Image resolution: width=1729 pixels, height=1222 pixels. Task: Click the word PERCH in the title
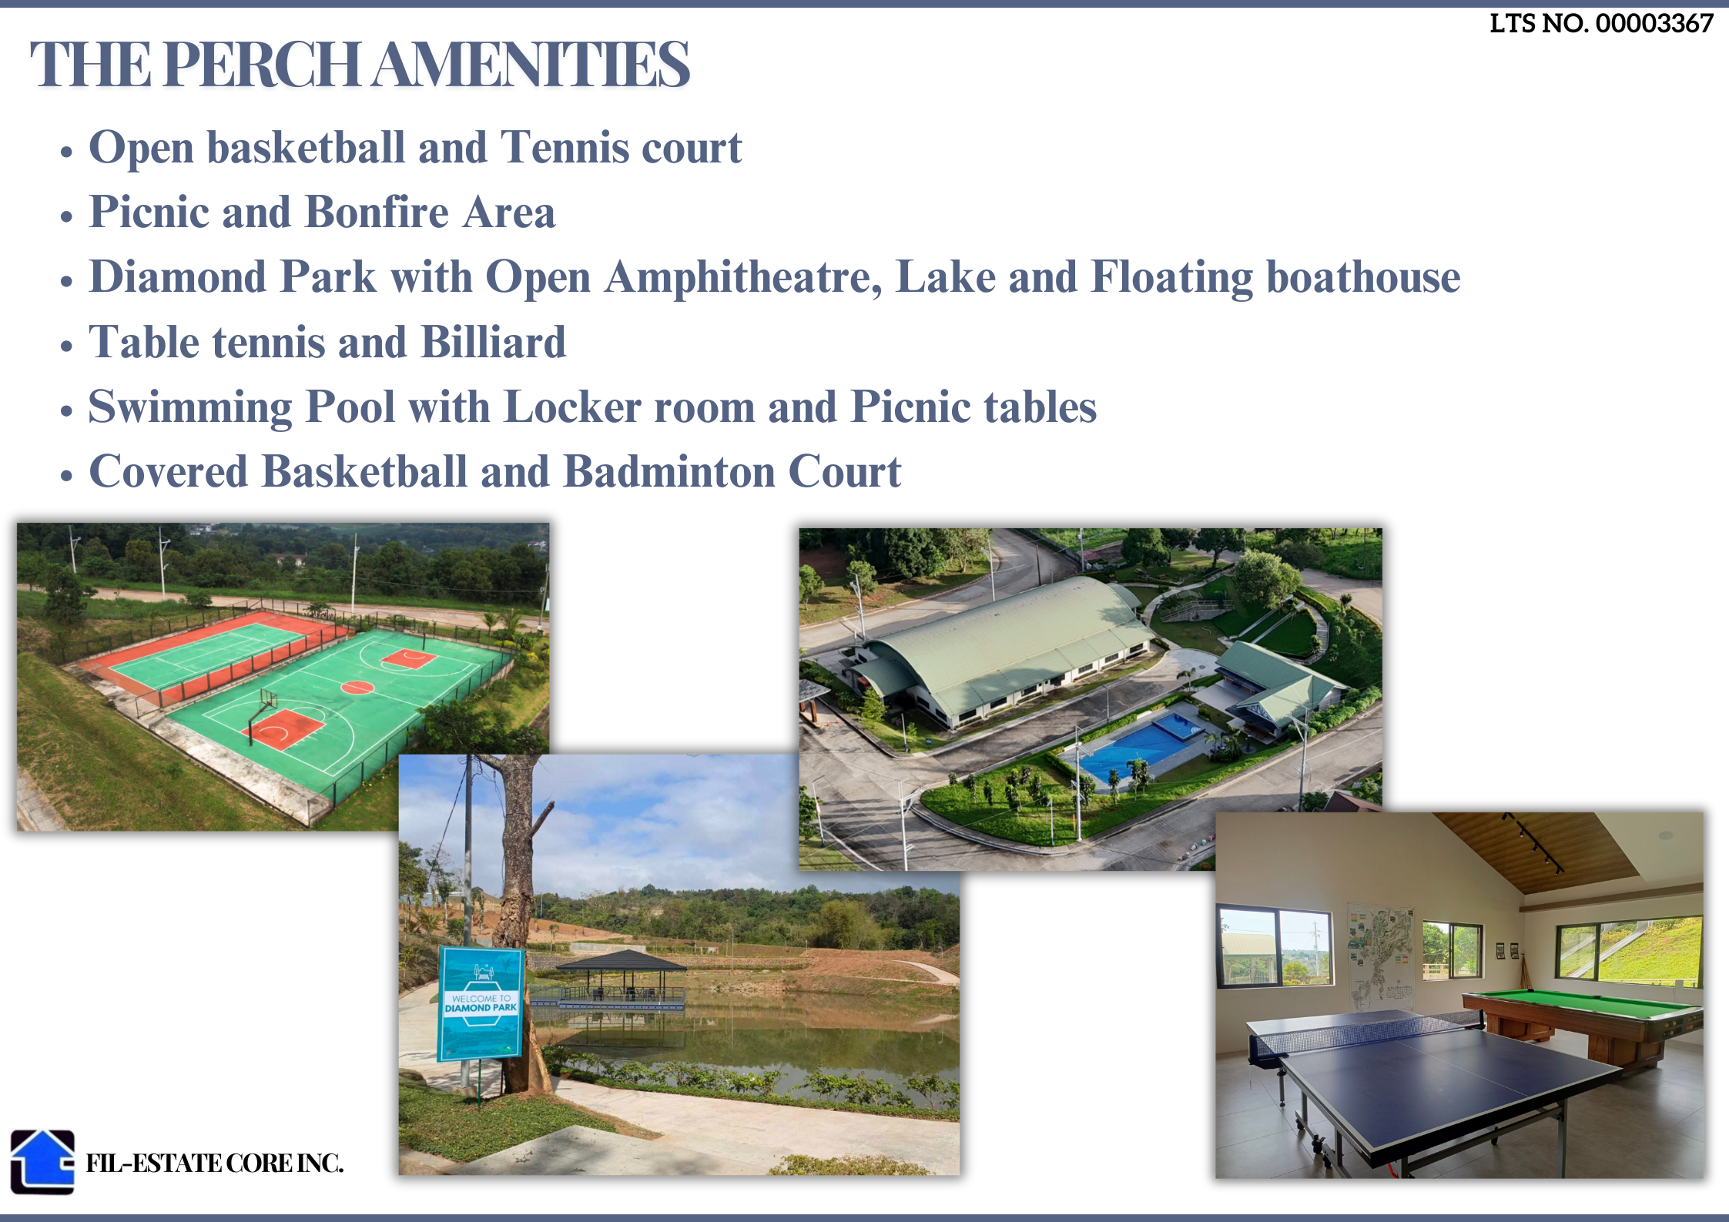261,64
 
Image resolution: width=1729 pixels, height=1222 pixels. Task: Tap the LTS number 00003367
1654,24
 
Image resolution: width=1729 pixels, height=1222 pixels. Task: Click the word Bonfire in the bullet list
377,212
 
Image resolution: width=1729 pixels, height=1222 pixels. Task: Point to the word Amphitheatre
743,277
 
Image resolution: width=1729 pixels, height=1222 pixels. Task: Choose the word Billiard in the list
494,342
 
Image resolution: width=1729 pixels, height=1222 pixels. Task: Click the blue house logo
42,1161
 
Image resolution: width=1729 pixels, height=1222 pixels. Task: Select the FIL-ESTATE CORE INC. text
214,1163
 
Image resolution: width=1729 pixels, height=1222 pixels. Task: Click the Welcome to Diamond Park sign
481,1003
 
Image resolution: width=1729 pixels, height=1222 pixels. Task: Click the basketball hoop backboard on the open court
269,701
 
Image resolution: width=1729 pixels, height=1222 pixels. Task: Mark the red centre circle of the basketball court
357,687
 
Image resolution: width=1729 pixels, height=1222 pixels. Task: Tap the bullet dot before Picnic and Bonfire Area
67,216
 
